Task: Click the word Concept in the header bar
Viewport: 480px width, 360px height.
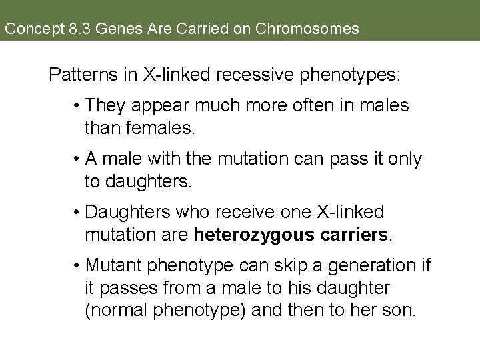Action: coord(26,29)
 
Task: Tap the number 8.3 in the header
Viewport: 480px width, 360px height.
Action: coord(63,29)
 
